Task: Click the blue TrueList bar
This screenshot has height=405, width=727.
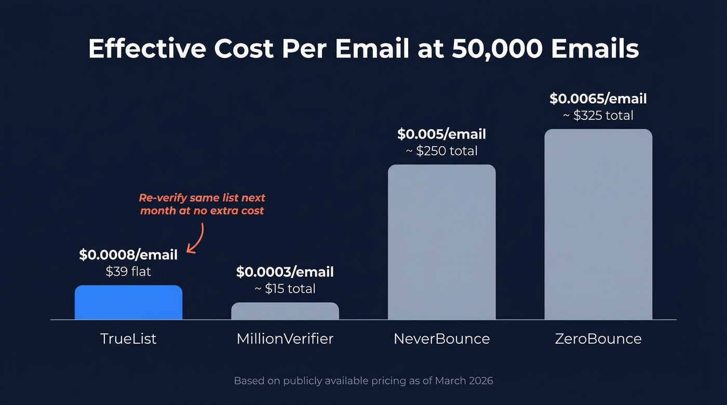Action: click(128, 302)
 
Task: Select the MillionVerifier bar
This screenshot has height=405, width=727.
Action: click(285, 311)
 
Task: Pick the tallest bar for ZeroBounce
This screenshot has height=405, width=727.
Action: click(598, 224)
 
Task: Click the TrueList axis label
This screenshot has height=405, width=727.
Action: click(128, 339)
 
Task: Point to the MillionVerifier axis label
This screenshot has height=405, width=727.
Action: click(285, 339)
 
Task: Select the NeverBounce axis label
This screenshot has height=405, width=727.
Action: click(441, 339)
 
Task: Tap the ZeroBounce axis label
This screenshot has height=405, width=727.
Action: click(598, 339)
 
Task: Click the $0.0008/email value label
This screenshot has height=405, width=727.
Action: click(128, 255)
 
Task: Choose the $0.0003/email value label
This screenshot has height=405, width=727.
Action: click(285, 272)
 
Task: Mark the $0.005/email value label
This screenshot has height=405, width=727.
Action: click(441, 134)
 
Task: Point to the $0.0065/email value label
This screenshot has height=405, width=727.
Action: click(598, 99)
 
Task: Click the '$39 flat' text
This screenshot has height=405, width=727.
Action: click(128, 271)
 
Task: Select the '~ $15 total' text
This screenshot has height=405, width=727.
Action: click(285, 288)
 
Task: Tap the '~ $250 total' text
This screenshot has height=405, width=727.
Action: click(441, 151)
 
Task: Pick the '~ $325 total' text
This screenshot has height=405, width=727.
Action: click(598, 115)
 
